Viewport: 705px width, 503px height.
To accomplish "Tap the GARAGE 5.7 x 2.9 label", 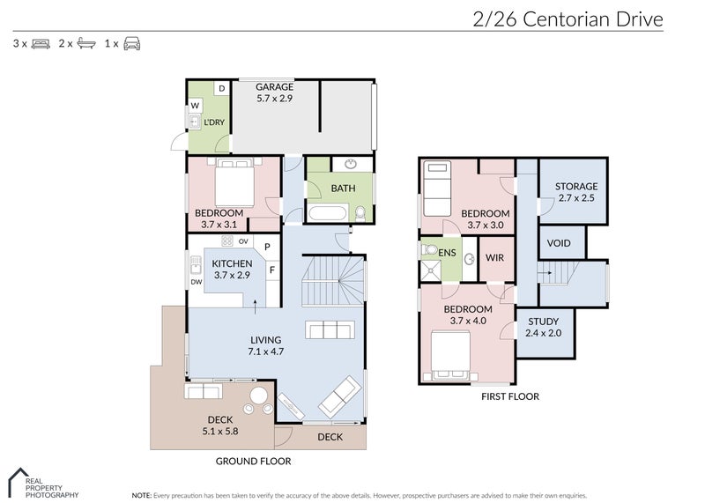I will pos(274,93).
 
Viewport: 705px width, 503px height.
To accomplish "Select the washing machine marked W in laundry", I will pos(195,106).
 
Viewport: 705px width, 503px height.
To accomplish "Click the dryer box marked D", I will pos(221,88).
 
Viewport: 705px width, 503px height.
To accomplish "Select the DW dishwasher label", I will pos(195,282).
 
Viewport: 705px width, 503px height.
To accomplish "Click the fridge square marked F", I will pos(271,270).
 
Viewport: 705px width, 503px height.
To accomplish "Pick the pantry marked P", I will pos(267,247).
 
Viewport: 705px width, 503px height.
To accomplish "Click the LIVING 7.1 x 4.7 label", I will pos(264,345).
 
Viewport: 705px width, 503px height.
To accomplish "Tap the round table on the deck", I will pos(261,396).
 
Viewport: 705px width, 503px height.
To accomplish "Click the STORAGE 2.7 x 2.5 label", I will pos(575,192).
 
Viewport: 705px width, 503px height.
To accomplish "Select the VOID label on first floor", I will pos(558,243).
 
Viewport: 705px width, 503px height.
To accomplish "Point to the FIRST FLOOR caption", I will pos(509,396).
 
